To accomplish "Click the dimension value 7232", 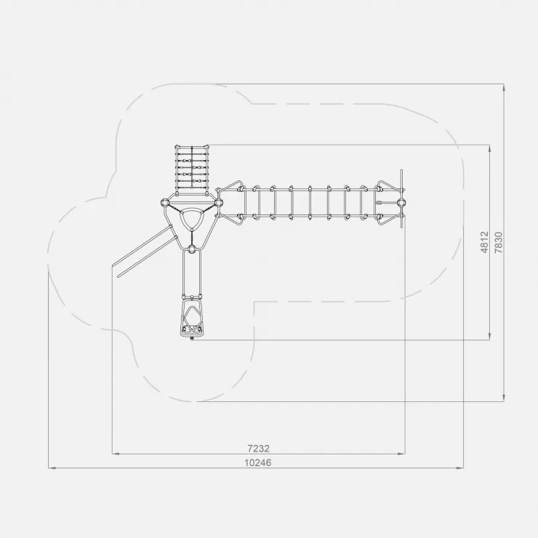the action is click(x=258, y=448).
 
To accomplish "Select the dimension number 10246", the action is click(x=257, y=462).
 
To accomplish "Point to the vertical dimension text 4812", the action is click(x=484, y=242).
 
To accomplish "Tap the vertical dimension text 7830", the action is click(x=499, y=242).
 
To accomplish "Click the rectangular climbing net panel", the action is click(x=192, y=170).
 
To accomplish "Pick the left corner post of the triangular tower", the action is click(x=165, y=203).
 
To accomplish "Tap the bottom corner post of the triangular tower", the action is click(x=192, y=249).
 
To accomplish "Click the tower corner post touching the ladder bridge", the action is click(x=219, y=203).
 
